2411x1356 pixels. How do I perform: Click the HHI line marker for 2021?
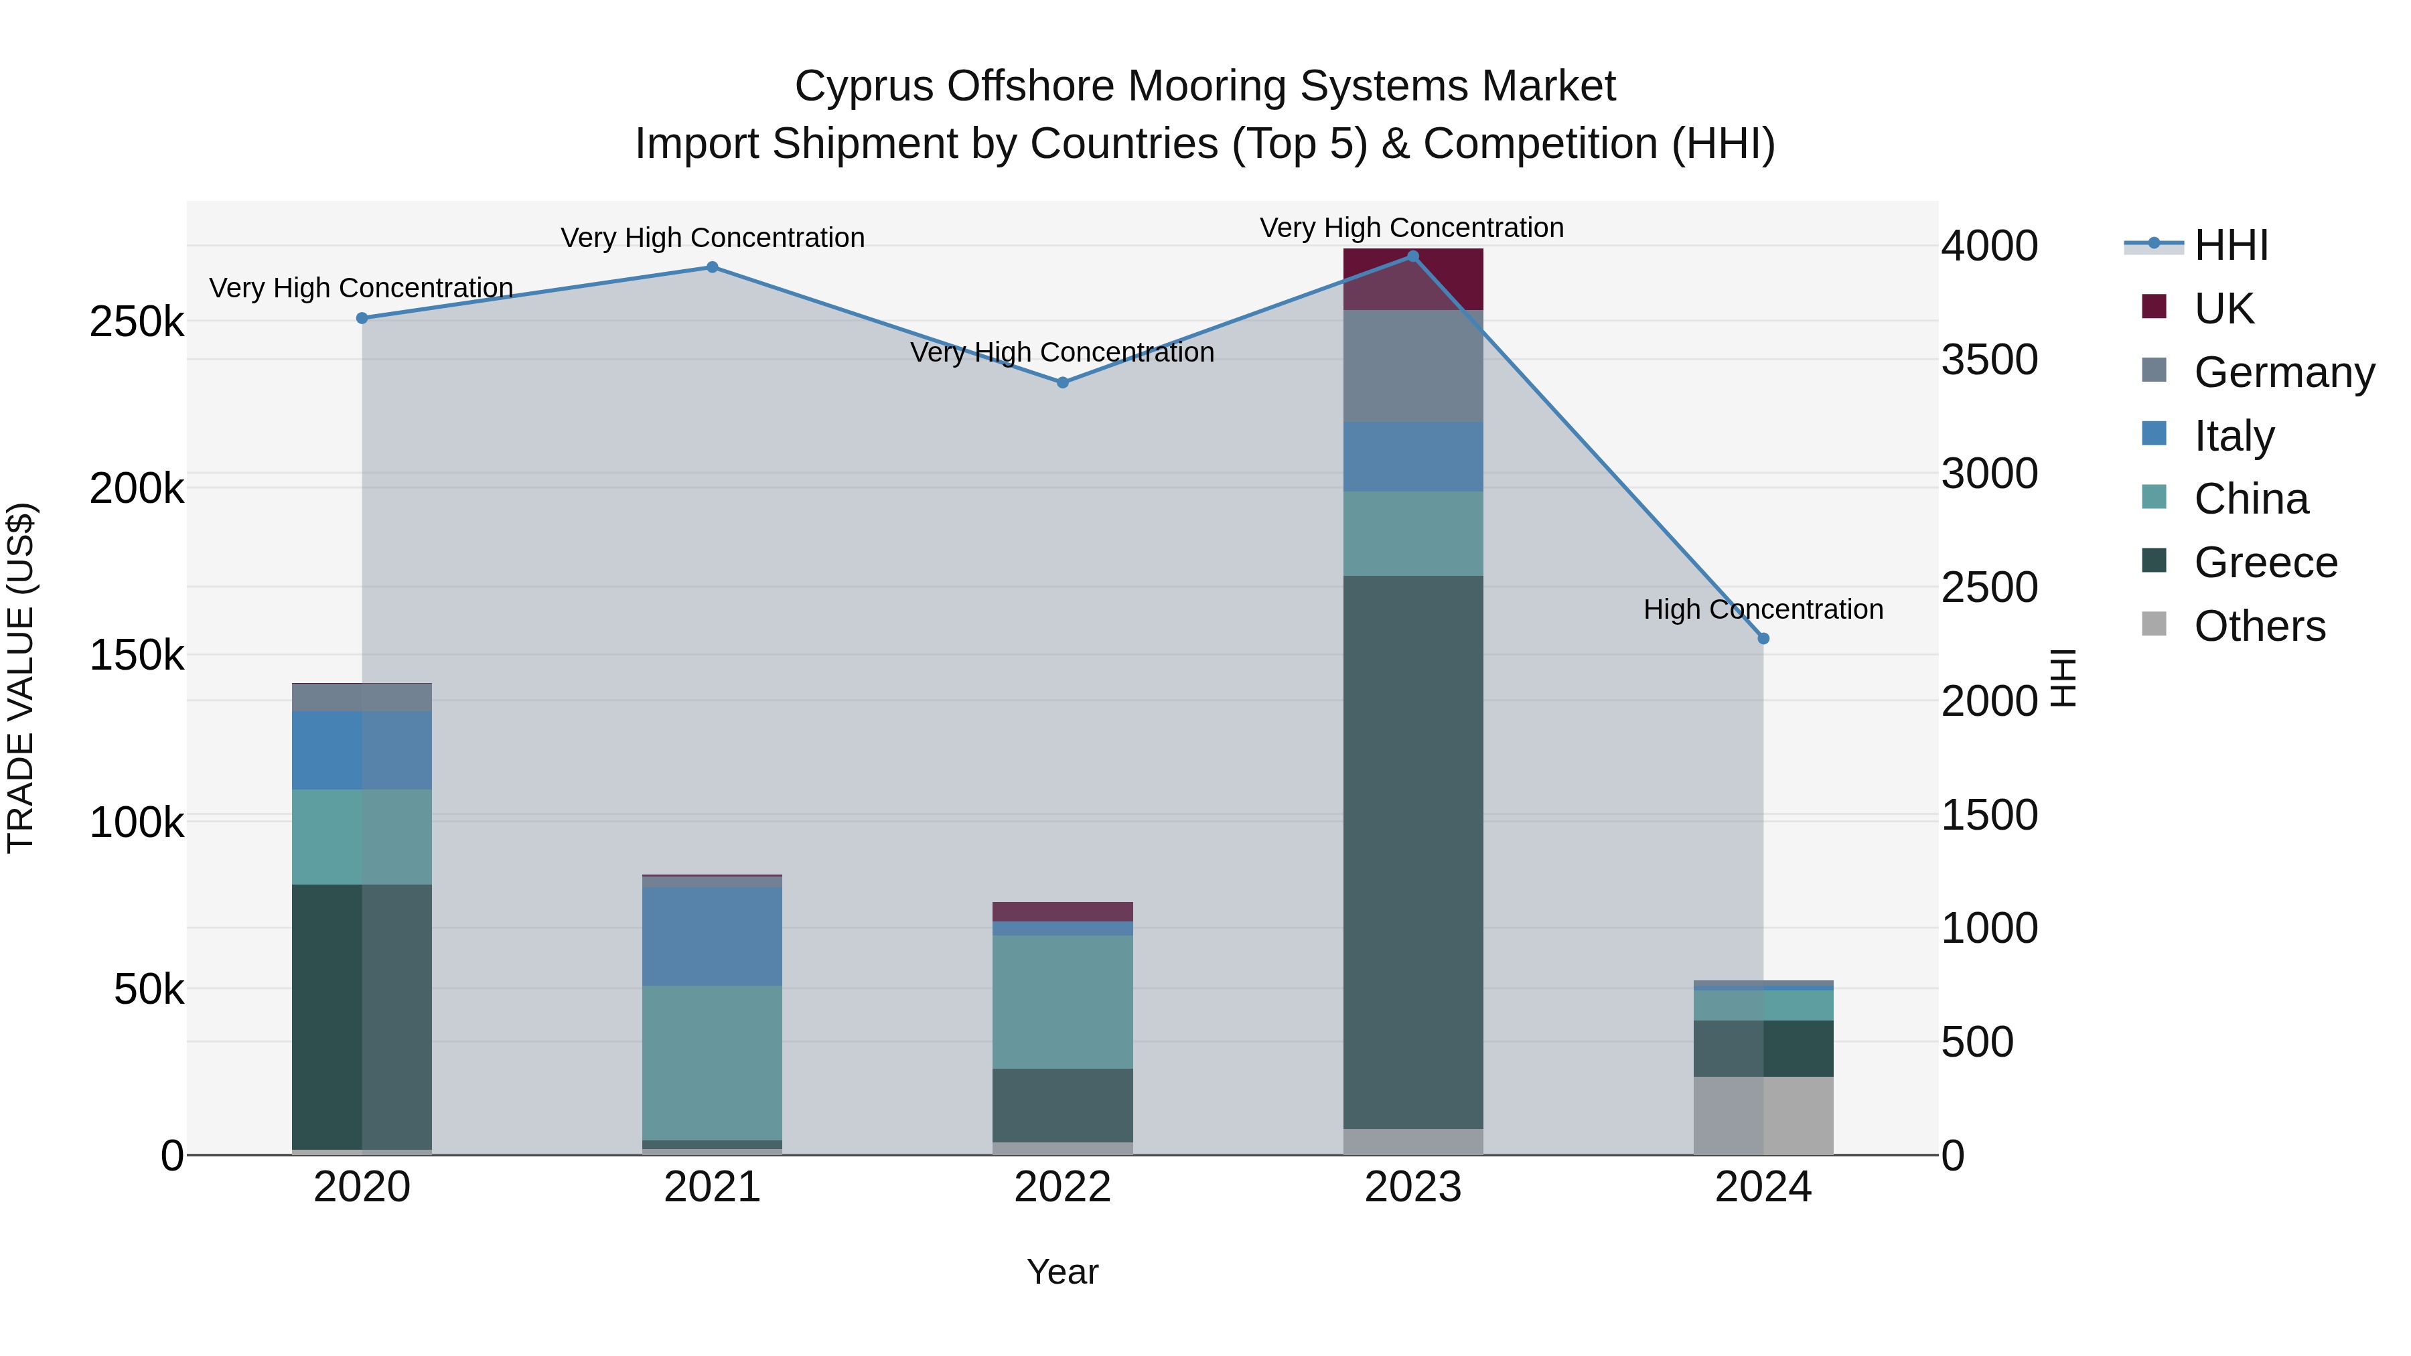pos(713,268)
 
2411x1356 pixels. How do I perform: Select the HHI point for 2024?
pos(1763,638)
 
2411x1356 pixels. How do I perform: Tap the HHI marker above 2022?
pos(1062,383)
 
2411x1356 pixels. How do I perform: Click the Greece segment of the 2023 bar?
pos(1412,852)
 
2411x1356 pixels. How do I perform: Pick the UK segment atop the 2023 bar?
pos(1412,279)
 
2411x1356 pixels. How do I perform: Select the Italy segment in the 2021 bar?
pos(713,936)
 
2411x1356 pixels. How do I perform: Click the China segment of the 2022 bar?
pos(1062,1001)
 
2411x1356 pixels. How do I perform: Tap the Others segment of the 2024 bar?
pos(1763,1116)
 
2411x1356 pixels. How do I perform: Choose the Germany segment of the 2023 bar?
pos(1412,366)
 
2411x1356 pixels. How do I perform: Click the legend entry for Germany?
pos(2284,372)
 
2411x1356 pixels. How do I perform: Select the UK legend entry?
pos(2223,309)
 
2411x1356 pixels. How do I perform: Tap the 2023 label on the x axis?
pos(1412,1187)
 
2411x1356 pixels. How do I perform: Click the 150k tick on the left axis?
pos(137,655)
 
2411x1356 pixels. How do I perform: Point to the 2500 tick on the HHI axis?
pos(1989,588)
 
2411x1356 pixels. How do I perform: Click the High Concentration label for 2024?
pos(1763,609)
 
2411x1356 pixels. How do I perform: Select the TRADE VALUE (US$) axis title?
pos(21,678)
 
